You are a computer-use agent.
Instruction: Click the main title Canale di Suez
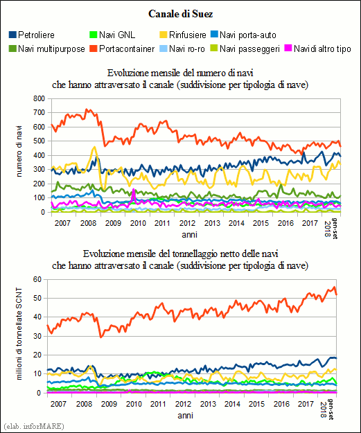click(x=180, y=14)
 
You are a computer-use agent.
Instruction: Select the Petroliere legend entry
click(x=32, y=35)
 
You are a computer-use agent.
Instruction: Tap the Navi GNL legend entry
click(x=112, y=35)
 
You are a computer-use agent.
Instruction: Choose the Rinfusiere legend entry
click(x=183, y=35)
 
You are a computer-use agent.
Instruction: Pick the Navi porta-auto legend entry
click(x=243, y=35)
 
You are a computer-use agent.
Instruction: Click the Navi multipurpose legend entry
click(x=47, y=49)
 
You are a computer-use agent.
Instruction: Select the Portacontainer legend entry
click(x=122, y=49)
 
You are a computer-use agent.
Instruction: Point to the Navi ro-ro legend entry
click(x=182, y=49)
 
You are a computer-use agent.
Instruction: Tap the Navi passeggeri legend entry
click(x=245, y=49)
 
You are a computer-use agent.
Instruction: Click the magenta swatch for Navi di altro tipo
click(x=288, y=48)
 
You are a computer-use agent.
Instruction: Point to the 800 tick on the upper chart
click(x=39, y=98)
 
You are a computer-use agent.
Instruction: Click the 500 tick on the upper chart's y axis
click(x=39, y=141)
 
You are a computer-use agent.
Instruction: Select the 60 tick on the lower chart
click(x=37, y=279)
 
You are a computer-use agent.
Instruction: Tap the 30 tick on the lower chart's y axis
click(x=37, y=336)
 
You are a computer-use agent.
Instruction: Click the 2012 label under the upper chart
click(x=187, y=223)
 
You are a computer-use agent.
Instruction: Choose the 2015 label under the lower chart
click(x=256, y=404)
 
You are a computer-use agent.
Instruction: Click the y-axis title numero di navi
click(x=19, y=151)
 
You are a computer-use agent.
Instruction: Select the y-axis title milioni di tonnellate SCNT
click(x=19, y=334)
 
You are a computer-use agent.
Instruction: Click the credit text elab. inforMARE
click(x=34, y=426)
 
